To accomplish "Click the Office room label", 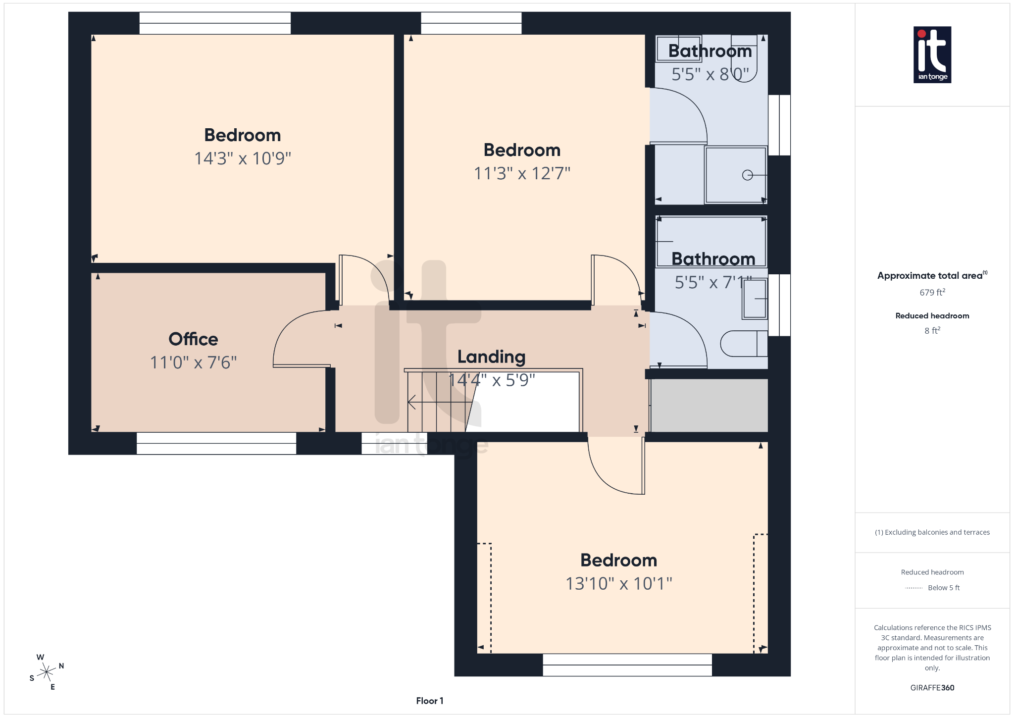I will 193,339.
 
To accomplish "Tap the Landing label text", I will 491,357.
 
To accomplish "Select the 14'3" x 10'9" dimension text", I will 243,158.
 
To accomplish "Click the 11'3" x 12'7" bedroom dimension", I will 522,173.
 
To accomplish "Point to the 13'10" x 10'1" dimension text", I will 618,583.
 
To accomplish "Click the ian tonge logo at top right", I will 932,54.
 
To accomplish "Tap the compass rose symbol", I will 47,672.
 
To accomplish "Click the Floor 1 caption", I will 429,701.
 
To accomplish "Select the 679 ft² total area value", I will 932,292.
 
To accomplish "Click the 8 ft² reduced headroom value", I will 932,330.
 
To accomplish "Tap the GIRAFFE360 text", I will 932,687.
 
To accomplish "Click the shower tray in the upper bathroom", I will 735,175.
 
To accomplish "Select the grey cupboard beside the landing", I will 709,405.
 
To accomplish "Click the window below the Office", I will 216,443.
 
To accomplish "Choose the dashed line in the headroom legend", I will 913,588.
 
